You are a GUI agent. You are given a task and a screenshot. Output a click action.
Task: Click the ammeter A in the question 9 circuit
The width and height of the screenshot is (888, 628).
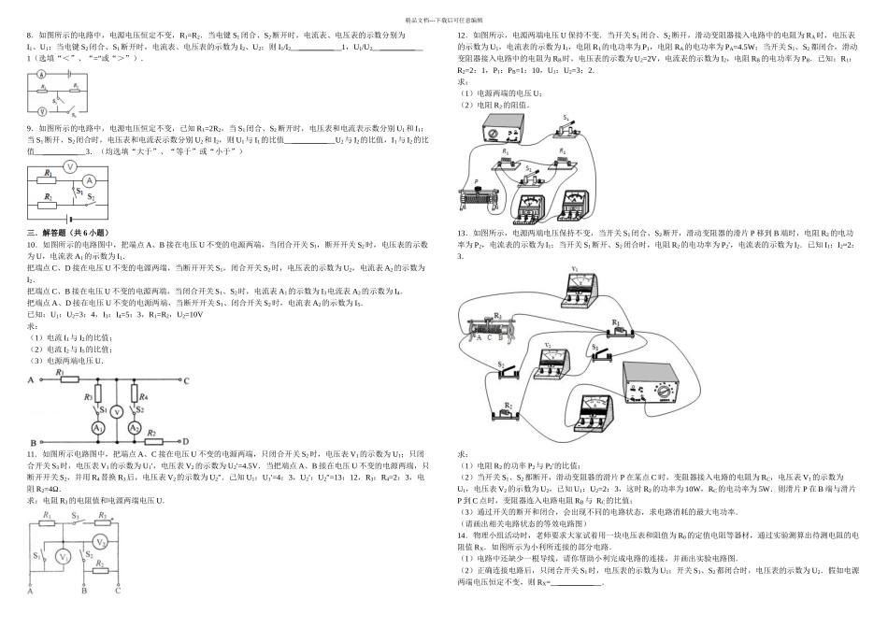[91, 180]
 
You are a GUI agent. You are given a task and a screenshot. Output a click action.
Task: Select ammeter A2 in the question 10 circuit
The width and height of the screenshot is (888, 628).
[134, 427]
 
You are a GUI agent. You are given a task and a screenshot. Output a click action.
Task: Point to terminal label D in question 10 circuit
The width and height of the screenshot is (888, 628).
[186, 441]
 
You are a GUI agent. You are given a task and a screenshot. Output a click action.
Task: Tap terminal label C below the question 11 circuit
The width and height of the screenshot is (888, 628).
[118, 591]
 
